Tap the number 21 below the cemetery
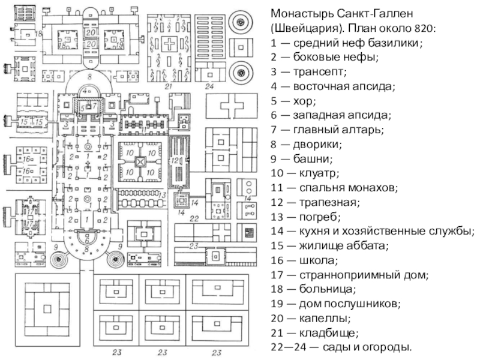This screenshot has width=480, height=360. pyautogui.click(x=169, y=87)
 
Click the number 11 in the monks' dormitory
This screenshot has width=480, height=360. pyautogui.click(x=144, y=128)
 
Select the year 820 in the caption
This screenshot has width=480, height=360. pyautogui.click(x=427, y=29)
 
